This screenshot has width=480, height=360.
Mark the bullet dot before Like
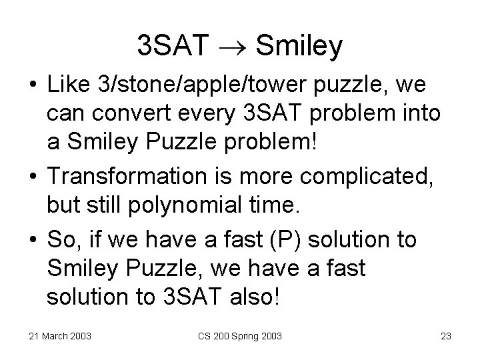pyautogui.click(x=33, y=86)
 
